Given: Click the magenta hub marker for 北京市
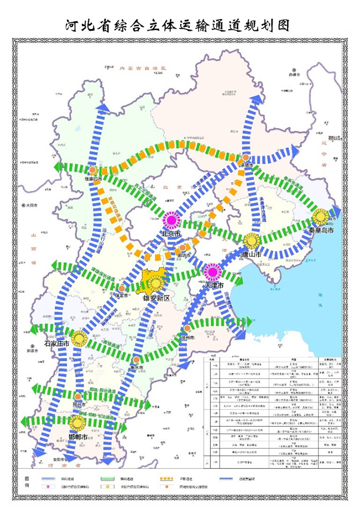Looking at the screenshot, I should (x=170, y=221).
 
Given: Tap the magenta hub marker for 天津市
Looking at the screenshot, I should (x=212, y=272).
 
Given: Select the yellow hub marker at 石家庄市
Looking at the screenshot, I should (x=79, y=339).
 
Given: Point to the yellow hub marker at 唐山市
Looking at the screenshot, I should (x=251, y=241).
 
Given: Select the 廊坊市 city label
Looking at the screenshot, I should (x=184, y=255).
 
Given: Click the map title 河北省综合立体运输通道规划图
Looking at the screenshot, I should (x=178, y=26).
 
